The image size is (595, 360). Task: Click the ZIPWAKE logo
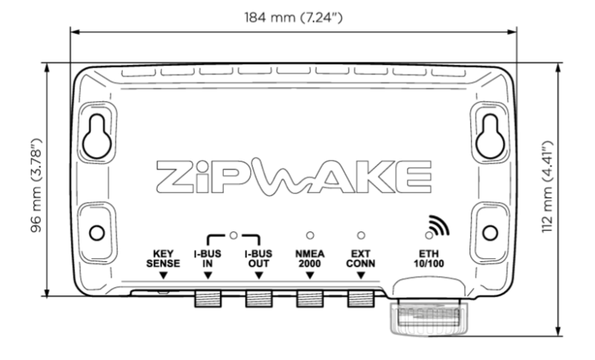point(294,176)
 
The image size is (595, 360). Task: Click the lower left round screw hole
point(96,233)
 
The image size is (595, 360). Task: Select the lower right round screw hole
point(489,233)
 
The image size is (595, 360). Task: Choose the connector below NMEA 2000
point(310,300)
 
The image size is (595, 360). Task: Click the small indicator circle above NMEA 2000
point(310,235)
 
